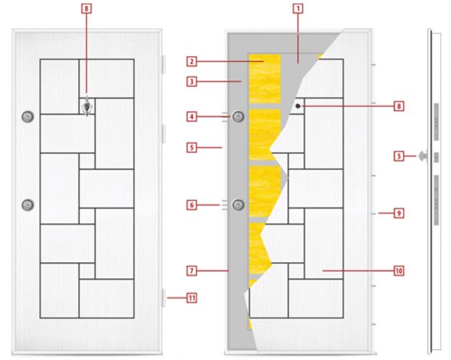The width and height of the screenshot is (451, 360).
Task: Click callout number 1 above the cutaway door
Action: (x=298, y=9)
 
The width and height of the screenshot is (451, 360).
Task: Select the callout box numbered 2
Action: (x=192, y=61)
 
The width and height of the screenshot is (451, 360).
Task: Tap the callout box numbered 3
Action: (x=192, y=81)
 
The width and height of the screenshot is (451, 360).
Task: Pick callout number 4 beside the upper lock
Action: (x=192, y=117)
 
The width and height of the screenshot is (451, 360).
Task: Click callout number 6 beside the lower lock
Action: (x=192, y=205)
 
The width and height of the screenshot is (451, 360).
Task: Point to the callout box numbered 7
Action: (x=192, y=271)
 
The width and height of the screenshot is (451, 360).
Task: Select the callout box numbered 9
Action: (x=398, y=213)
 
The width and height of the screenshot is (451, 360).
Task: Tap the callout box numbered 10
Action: (x=398, y=271)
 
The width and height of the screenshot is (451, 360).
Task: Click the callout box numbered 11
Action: (x=192, y=298)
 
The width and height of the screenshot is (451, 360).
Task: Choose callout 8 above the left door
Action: (x=86, y=9)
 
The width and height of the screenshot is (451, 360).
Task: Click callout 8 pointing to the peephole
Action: (x=398, y=107)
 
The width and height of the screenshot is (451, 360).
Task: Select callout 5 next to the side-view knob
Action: (x=398, y=156)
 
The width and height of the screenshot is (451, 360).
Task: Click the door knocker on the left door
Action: (x=87, y=107)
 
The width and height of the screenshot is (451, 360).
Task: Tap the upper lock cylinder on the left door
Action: (x=28, y=117)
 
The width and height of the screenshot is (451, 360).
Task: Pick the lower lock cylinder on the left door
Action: (x=28, y=205)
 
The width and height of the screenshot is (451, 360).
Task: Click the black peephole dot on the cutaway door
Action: (x=298, y=106)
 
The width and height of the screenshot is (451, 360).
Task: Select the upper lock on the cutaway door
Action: (x=238, y=117)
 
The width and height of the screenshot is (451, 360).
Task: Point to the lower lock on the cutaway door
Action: (x=238, y=205)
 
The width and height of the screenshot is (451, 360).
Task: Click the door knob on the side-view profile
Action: (x=423, y=156)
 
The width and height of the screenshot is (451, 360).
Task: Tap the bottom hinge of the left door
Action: (x=164, y=298)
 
